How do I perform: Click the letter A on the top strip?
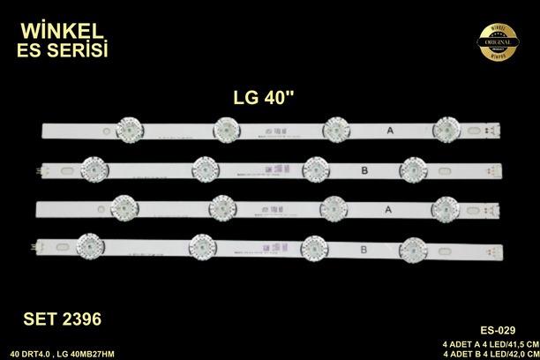point(390,130)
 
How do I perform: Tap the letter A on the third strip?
point(390,208)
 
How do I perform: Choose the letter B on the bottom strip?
point(362,249)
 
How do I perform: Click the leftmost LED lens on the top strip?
point(125,129)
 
